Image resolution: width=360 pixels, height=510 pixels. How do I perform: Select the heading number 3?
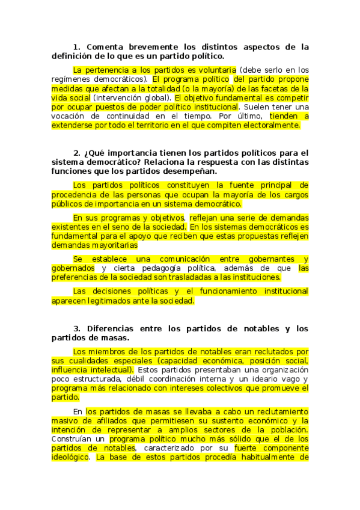point(76,328)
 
